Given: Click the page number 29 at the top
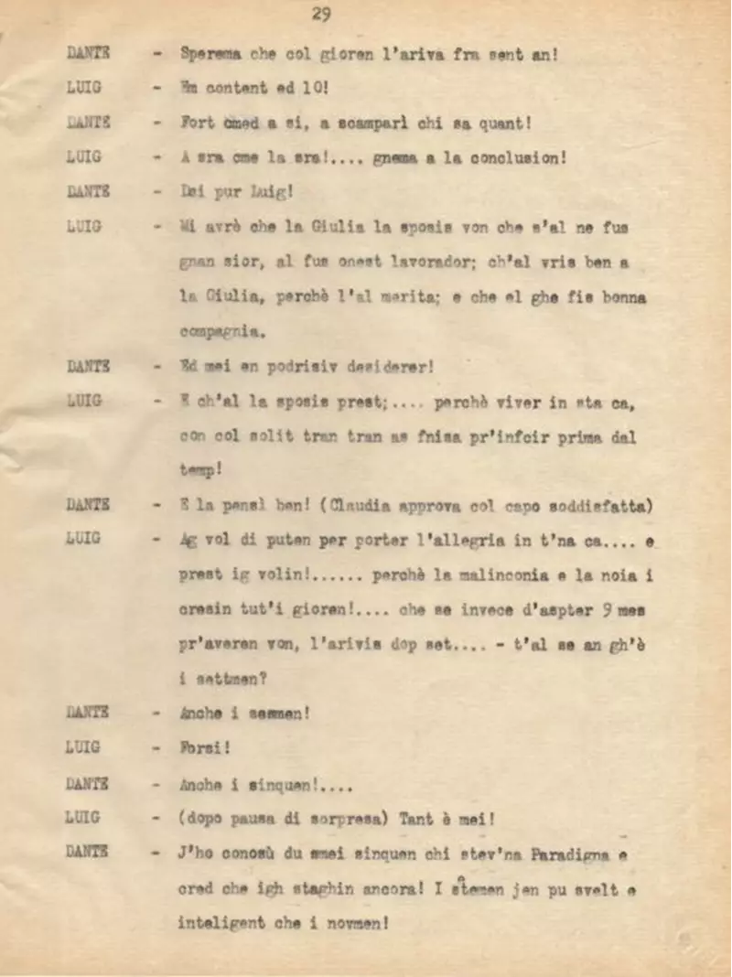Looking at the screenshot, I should tap(321, 13).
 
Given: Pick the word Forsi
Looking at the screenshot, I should tap(205, 747).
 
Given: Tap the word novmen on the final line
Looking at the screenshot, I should tap(360, 923).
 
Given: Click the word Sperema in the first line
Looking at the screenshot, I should tap(211, 54).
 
